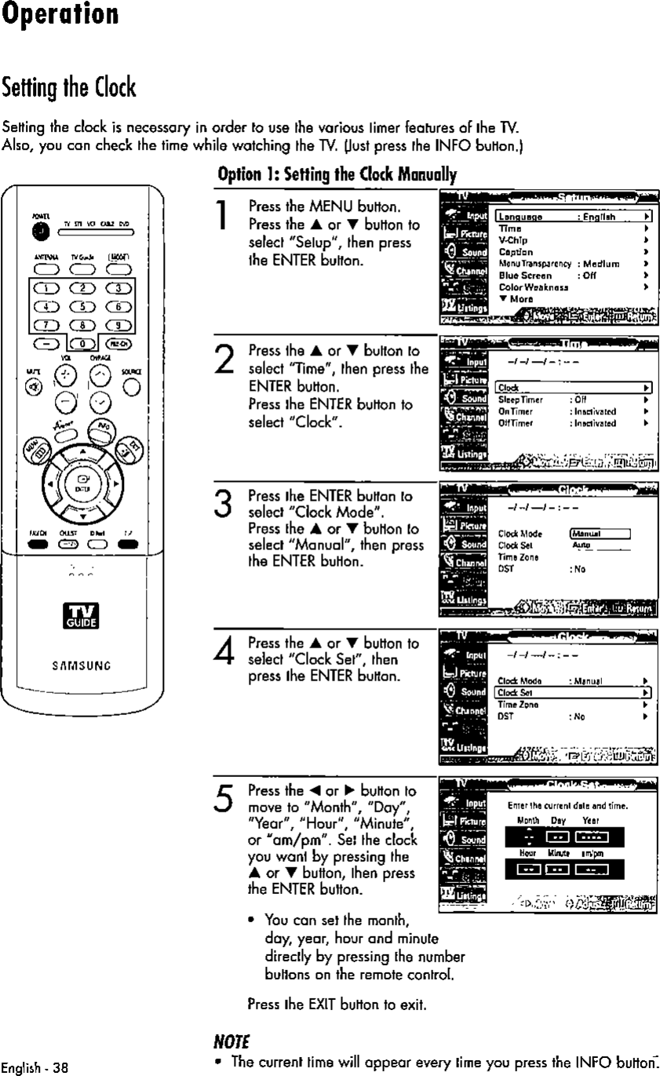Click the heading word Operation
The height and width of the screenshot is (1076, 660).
(60, 16)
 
